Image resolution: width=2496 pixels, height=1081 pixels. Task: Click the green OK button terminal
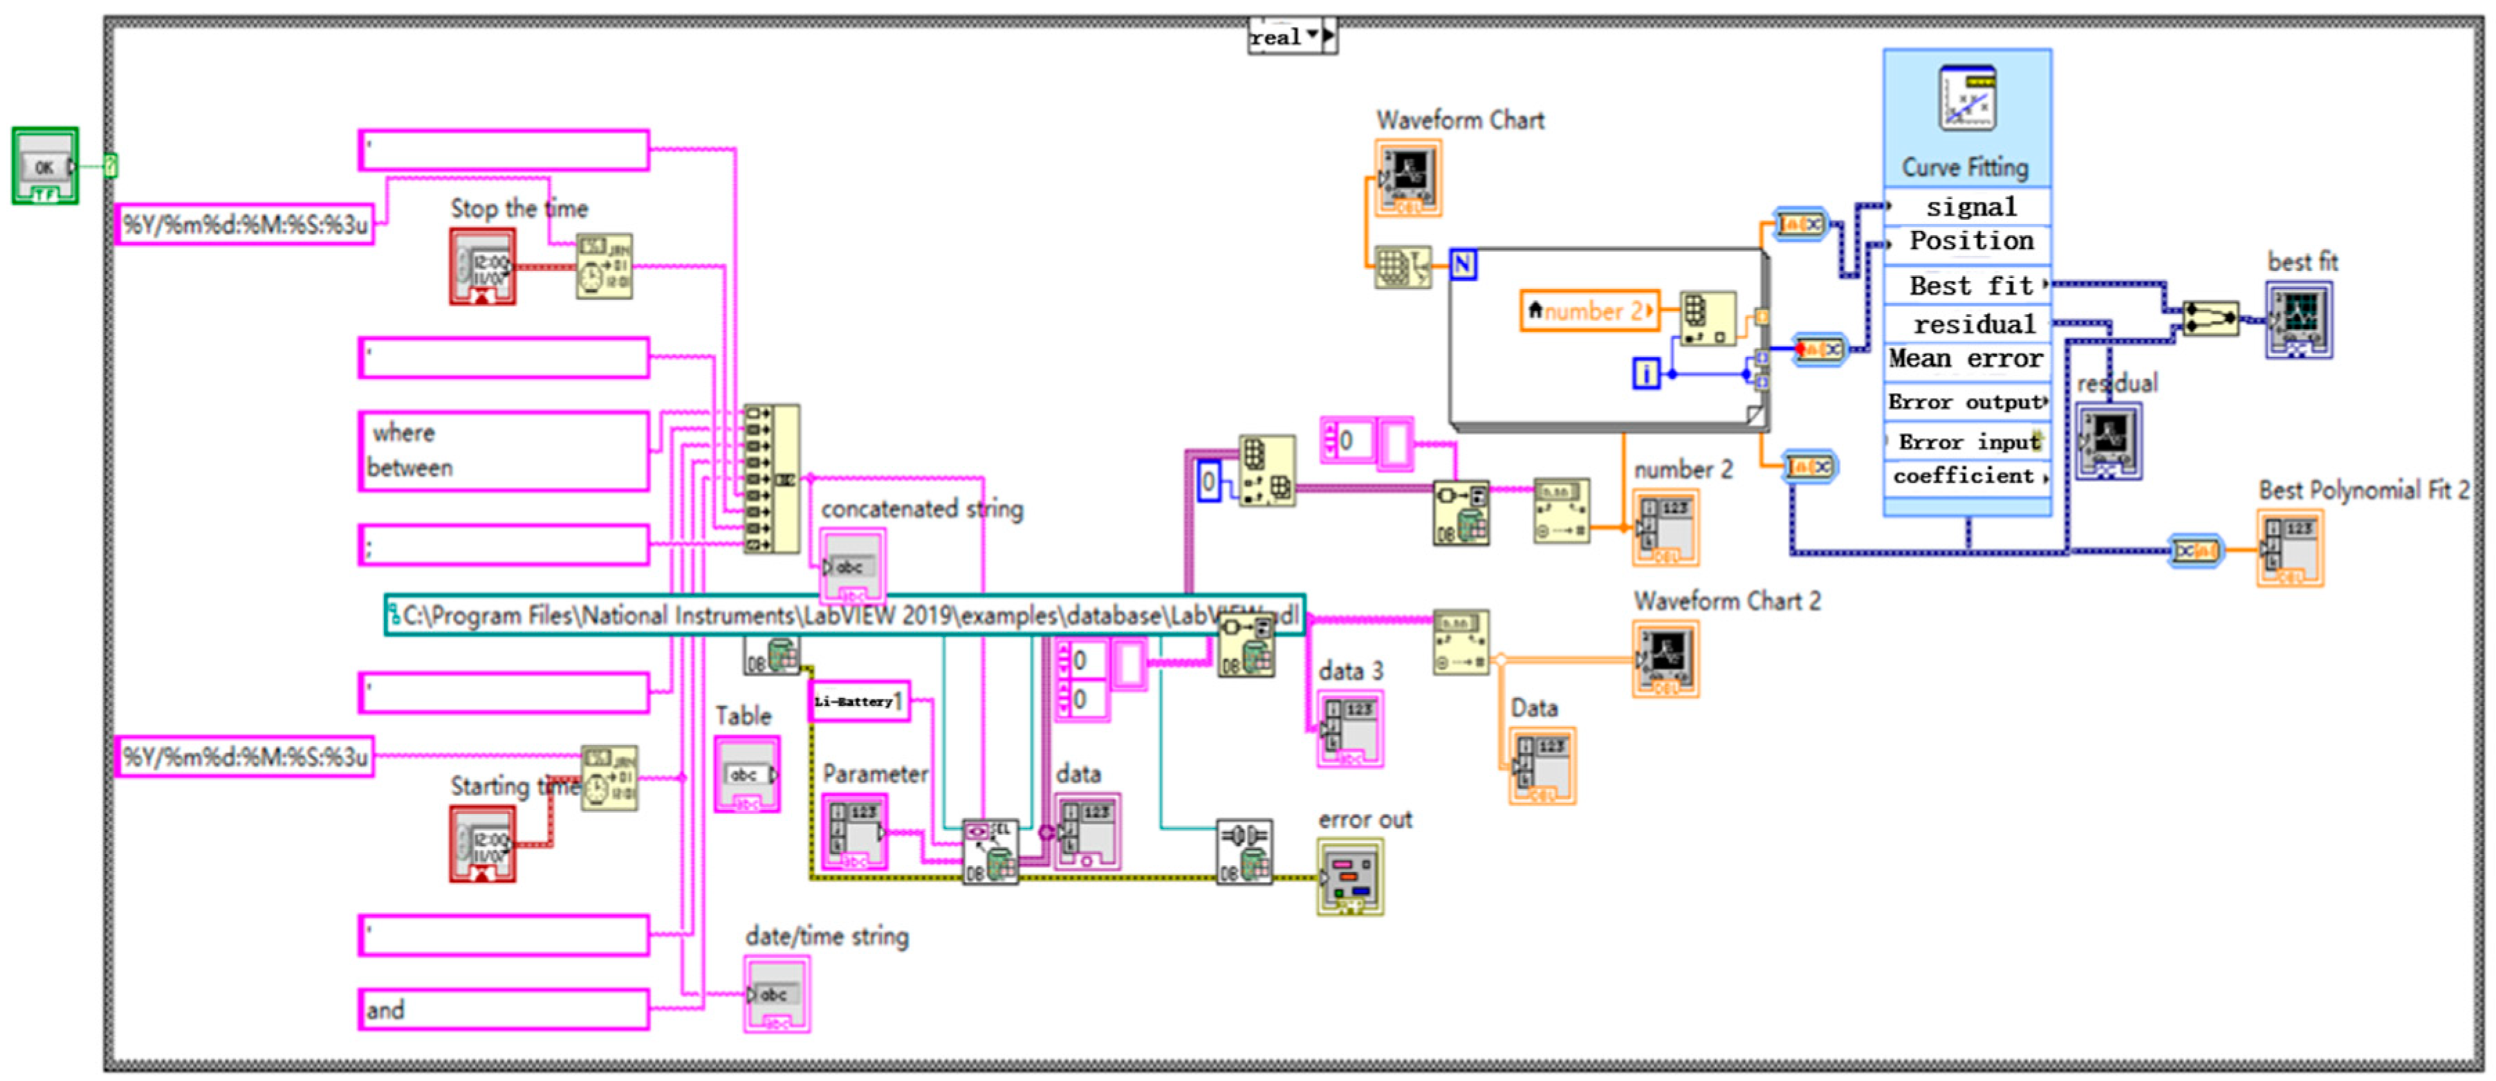(x=44, y=165)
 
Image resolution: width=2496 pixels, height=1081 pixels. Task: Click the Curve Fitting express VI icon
(x=1967, y=98)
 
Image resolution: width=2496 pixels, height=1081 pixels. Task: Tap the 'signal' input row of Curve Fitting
(x=1969, y=206)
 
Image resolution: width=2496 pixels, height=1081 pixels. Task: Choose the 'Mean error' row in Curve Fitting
(x=1967, y=360)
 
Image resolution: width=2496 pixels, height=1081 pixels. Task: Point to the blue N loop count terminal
(x=1462, y=264)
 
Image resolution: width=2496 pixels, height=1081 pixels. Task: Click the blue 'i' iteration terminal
(x=1645, y=373)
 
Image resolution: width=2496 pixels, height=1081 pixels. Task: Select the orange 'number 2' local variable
(x=1589, y=311)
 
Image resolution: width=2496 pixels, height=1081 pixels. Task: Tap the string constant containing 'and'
(x=503, y=1008)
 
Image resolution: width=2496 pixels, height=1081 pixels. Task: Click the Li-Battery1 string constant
(x=858, y=701)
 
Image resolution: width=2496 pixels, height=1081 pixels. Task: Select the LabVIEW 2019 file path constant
(x=843, y=615)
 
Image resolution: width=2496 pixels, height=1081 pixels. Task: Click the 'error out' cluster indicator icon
(x=1350, y=876)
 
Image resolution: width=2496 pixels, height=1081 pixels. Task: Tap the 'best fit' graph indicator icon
(x=2298, y=320)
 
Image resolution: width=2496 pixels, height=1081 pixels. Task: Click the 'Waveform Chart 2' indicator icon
(x=1665, y=658)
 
